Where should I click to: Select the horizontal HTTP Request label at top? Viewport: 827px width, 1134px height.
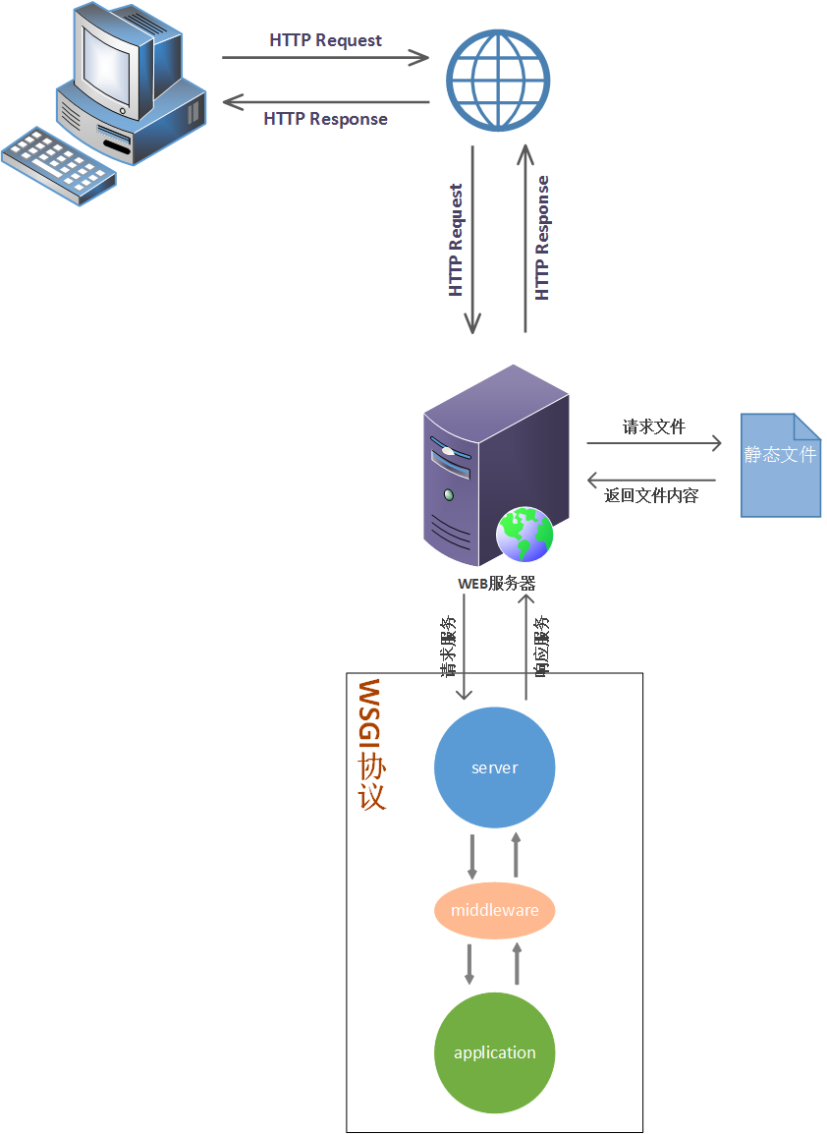click(x=325, y=40)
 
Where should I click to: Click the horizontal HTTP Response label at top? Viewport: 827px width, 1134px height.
click(x=325, y=119)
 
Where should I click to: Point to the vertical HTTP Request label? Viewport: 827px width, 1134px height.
click(x=456, y=241)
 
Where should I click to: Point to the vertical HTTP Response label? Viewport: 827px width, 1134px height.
click(x=542, y=238)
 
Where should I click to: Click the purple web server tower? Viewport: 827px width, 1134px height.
click(x=491, y=462)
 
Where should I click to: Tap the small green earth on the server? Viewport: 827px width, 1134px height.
click(x=524, y=536)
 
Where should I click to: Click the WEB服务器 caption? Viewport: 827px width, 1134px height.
click(x=497, y=583)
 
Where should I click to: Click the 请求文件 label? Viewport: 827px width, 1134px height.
click(x=653, y=427)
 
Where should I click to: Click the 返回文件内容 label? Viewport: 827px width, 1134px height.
click(x=651, y=496)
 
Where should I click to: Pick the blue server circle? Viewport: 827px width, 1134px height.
click(x=494, y=767)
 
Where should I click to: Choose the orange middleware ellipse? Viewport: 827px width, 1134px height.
click(x=494, y=910)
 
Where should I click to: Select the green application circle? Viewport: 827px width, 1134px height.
click(x=494, y=1052)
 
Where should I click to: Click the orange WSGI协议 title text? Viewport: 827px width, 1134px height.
click(x=371, y=744)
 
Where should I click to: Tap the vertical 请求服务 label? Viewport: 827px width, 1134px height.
click(x=448, y=647)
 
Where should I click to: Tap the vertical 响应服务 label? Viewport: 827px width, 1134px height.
click(x=541, y=647)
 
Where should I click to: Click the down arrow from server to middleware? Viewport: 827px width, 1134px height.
click(x=472, y=857)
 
